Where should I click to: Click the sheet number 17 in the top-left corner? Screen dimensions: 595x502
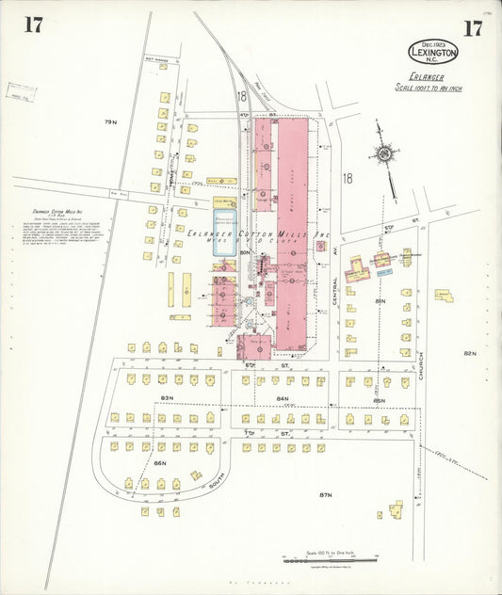[x=33, y=25]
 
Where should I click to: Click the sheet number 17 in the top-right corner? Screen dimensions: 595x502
[x=472, y=27]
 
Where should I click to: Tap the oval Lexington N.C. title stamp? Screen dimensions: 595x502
[x=433, y=52]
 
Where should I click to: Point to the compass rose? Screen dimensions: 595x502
[x=385, y=153]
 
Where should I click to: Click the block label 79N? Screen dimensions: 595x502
[x=110, y=122]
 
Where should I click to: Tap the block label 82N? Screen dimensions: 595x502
[x=470, y=353]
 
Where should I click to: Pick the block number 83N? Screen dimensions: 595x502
[x=168, y=399]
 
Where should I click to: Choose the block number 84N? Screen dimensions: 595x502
[x=282, y=399]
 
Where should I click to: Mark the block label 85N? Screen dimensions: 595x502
[x=379, y=400]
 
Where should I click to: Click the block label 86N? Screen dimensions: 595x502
[x=160, y=463]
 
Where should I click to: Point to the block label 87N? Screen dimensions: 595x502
[x=327, y=494]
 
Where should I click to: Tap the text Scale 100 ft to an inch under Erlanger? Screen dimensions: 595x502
[x=429, y=88]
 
